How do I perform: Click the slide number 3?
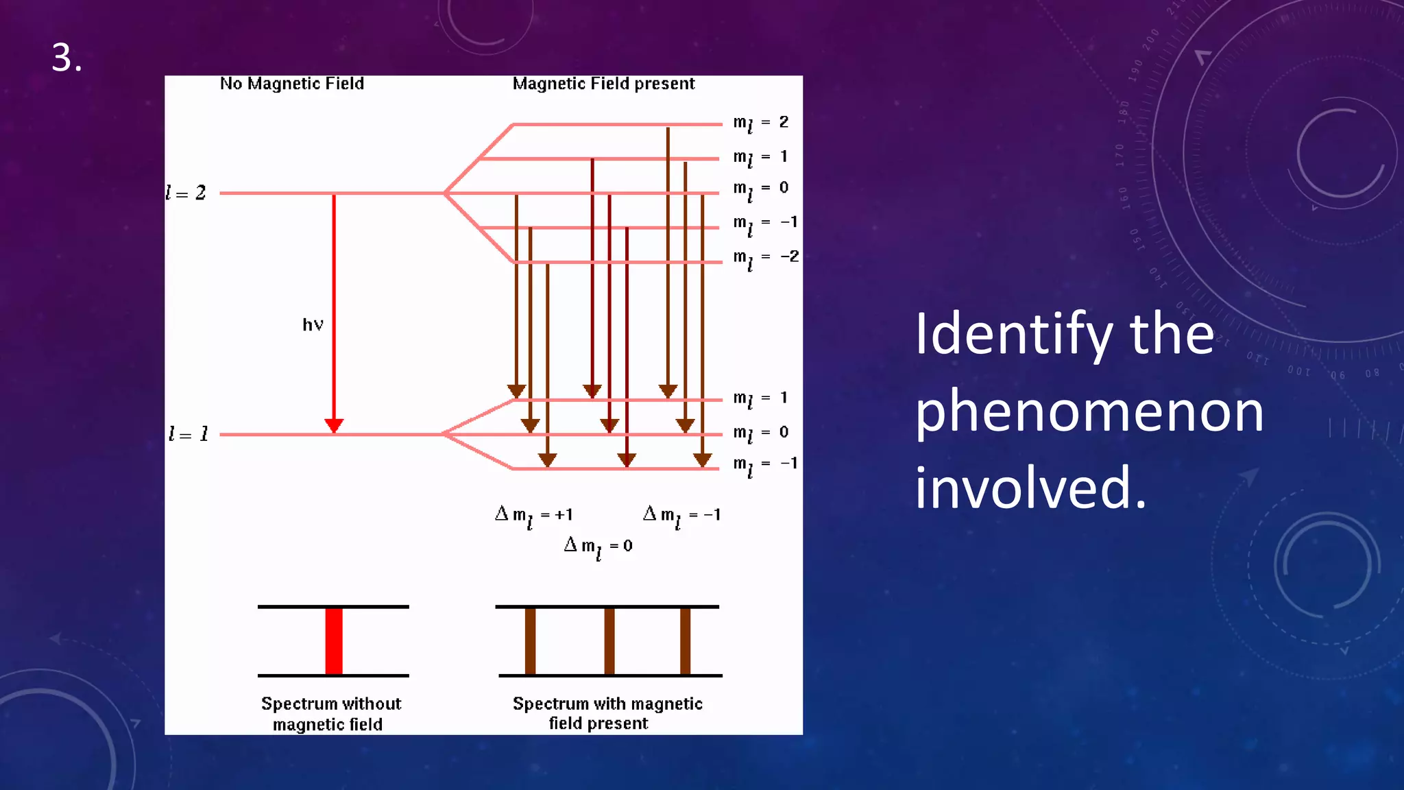point(66,58)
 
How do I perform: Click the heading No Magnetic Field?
point(291,84)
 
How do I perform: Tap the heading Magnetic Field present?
point(603,84)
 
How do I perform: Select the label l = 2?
point(186,193)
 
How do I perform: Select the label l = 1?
point(188,434)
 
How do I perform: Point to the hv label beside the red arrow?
point(313,325)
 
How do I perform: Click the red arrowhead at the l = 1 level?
point(334,426)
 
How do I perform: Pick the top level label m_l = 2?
point(760,123)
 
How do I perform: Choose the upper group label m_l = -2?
point(765,259)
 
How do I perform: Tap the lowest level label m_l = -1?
point(765,465)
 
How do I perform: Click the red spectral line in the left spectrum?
point(334,641)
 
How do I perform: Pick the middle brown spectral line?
point(609,641)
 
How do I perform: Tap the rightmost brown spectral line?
point(685,641)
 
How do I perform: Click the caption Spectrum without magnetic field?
point(330,714)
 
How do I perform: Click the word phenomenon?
point(1089,413)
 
